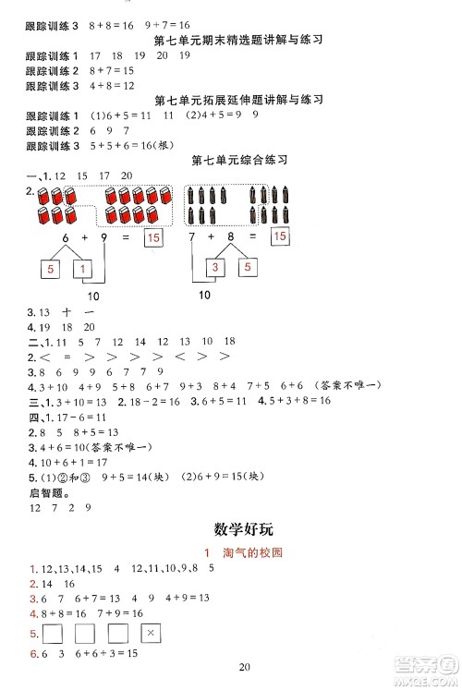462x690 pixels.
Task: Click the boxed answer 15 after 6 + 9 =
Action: pyautogui.click(x=153, y=239)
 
